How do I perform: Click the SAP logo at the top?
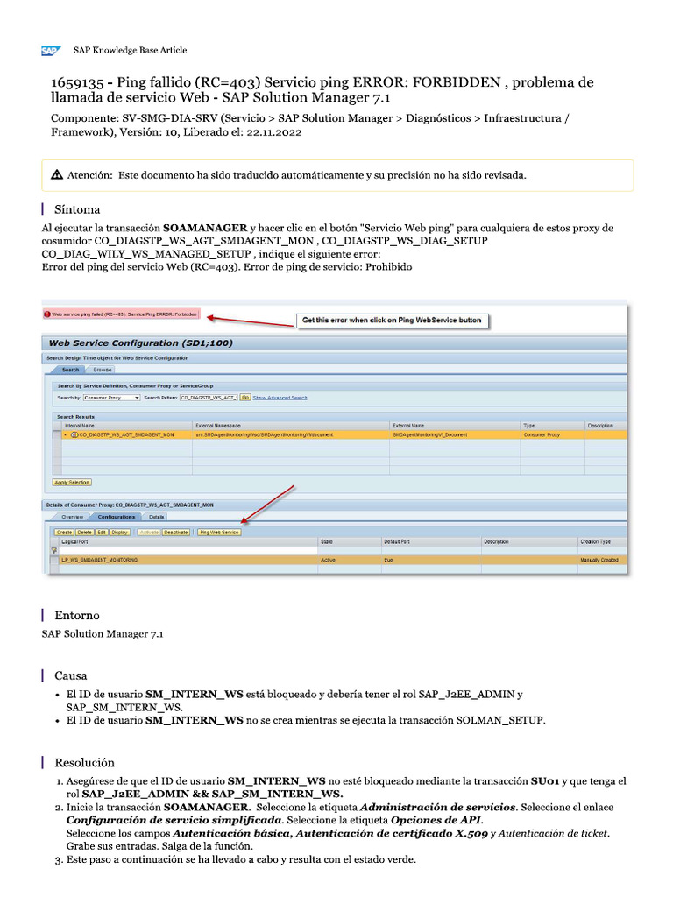coord(50,51)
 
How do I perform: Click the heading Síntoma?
coord(77,209)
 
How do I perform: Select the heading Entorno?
coord(77,615)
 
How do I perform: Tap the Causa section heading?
coord(71,675)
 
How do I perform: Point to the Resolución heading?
coord(84,762)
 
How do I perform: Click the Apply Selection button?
coord(72,482)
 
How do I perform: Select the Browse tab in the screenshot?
coord(103,370)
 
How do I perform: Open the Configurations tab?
coord(116,517)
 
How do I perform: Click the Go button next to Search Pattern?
coord(245,398)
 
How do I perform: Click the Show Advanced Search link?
coord(280,398)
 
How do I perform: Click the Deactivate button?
coord(176,532)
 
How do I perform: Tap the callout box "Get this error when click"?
coord(391,321)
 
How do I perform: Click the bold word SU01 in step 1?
coord(543,780)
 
